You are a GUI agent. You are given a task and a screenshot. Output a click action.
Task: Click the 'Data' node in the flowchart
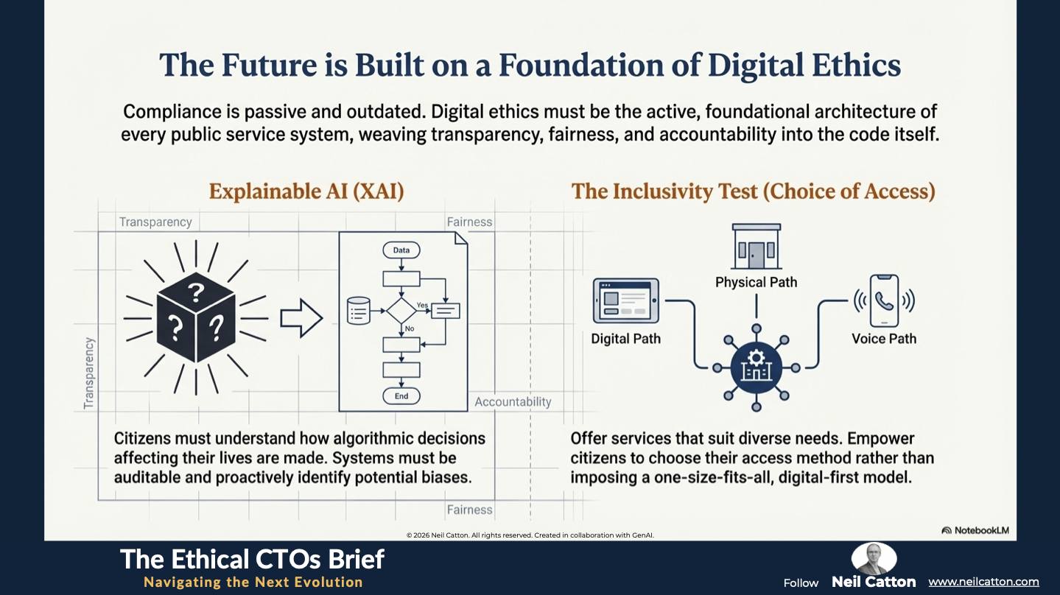(x=401, y=250)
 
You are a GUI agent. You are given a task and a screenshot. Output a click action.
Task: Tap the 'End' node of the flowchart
(x=401, y=396)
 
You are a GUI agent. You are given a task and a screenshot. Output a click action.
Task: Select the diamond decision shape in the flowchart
(x=401, y=311)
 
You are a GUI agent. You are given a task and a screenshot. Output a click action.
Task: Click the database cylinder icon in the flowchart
(x=358, y=311)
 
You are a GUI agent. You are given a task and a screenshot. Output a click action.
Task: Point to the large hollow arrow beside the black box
(x=301, y=318)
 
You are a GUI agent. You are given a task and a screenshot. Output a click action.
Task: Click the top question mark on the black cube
(x=196, y=292)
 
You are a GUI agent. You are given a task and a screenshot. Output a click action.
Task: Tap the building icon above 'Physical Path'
(x=757, y=247)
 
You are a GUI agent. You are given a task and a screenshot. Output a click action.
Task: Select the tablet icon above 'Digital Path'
(x=625, y=300)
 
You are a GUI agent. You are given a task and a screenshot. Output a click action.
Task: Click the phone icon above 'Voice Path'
(x=884, y=300)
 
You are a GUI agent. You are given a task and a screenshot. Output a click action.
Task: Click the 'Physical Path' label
(x=757, y=282)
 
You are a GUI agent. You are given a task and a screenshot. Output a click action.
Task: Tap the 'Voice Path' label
(x=884, y=339)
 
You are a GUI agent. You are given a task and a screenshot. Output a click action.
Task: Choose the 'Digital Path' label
(x=625, y=339)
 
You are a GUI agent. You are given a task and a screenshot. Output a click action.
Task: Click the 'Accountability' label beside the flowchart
(x=513, y=402)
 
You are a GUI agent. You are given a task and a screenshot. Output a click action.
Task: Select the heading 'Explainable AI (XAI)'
(x=306, y=191)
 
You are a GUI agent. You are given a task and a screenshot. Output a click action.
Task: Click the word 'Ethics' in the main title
(x=856, y=66)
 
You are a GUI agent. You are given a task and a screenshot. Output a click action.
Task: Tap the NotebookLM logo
(x=975, y=530)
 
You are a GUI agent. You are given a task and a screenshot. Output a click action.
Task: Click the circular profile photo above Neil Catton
(x=874, y=558)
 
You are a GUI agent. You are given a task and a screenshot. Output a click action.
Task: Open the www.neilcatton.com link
(x=983, y=582)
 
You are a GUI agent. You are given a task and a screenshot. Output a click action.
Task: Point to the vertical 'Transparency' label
(x=89, y=373)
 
